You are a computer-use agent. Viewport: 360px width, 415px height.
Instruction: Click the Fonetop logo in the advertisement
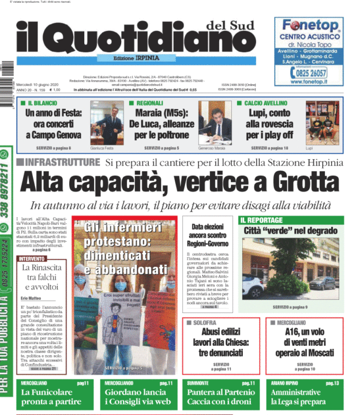310,25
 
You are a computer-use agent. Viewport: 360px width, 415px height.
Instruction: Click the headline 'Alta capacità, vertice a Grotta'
180,184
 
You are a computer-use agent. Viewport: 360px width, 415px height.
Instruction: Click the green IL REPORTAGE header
261,220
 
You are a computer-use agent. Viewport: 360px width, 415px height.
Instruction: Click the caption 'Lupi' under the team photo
309,148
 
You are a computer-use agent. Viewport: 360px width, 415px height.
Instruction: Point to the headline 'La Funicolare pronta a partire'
51,397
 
